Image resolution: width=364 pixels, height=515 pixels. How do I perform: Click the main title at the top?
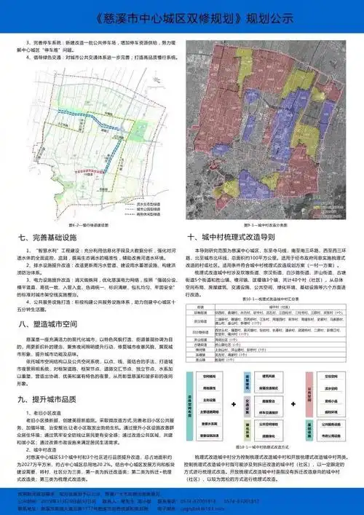tap(181, 16)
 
